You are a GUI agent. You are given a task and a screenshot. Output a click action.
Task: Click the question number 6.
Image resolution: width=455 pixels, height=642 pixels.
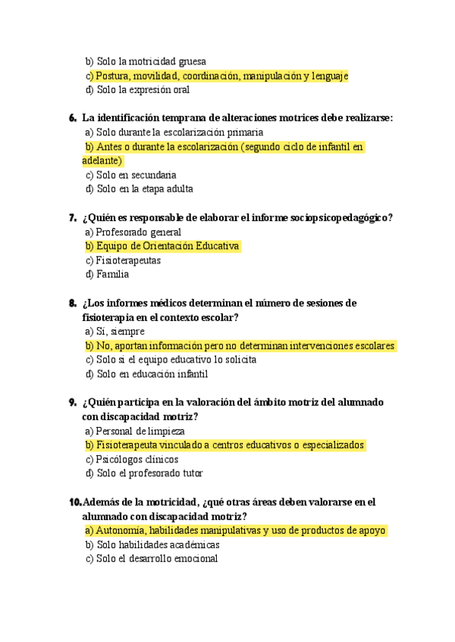click(72, 118)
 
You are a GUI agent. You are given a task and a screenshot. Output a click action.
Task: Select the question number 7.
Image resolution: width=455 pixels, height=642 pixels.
click(72, 218)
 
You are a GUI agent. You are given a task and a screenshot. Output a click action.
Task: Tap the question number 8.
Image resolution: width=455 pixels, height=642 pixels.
click(72, 303)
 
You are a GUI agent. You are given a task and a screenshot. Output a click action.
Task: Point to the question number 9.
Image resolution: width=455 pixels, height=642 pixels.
click(72, 402)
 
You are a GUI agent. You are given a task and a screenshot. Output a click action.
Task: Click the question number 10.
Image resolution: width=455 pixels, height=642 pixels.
click(74, 502)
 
